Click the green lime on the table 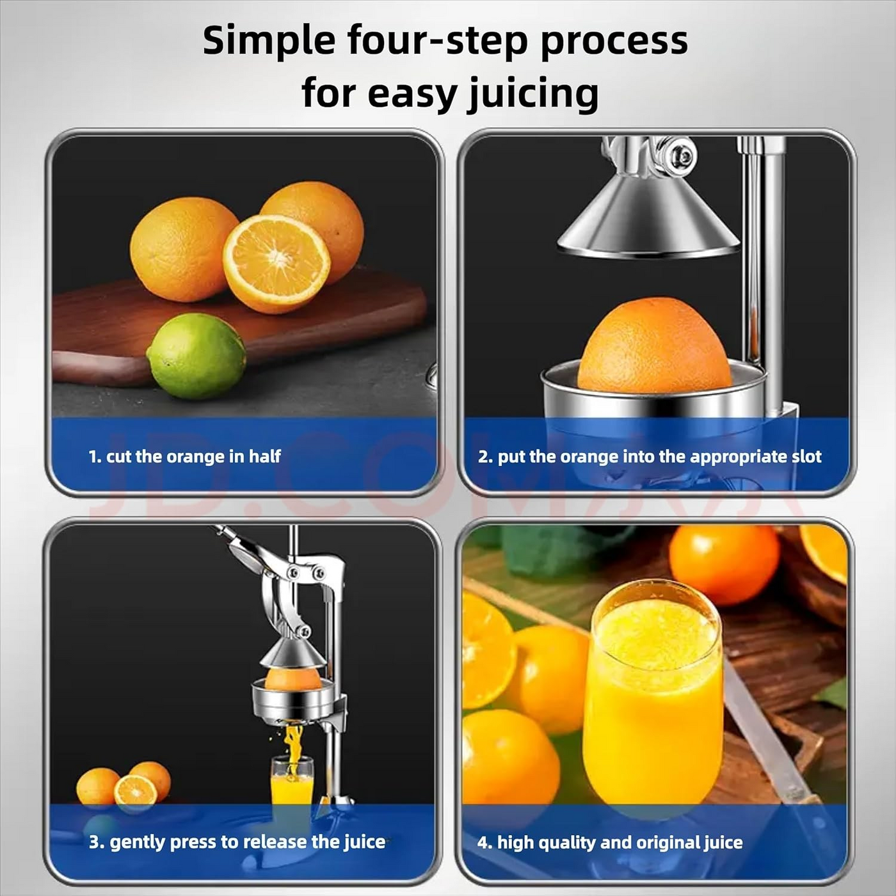pos(196,356)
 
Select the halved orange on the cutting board pos(276,263)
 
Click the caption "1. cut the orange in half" pos(184,456)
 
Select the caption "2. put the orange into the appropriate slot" pos(650,456)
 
